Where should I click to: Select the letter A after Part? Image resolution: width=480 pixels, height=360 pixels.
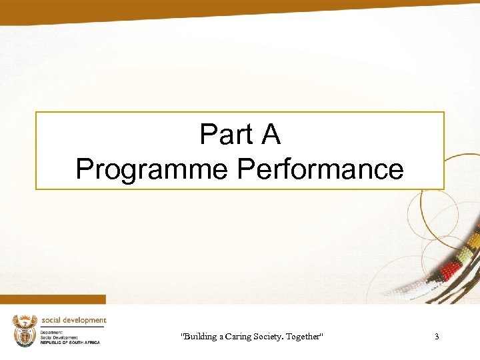point(271,135)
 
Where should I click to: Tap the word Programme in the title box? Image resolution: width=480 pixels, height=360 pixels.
point(153,169)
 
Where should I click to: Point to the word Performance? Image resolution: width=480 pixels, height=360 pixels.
point(321,169)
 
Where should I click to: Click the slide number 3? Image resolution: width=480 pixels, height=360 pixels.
point(437,337)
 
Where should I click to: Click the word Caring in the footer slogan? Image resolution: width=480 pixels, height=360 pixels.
point(247,337)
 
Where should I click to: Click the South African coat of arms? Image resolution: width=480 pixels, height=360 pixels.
point(25,330)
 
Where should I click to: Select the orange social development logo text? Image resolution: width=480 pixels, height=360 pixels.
point(74,320)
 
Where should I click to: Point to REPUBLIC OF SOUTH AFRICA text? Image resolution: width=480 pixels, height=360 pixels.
point(70,342)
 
